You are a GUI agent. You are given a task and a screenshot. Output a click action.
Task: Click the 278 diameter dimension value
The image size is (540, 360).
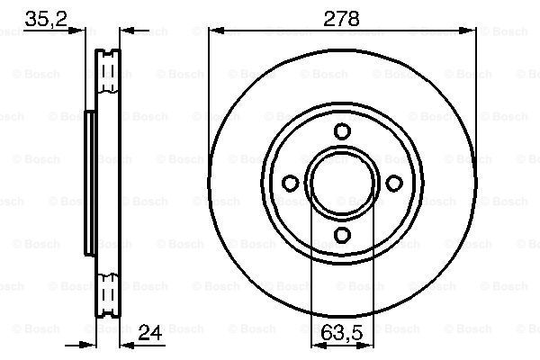coord(341,19)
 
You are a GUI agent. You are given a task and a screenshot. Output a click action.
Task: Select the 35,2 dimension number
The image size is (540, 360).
coord(46,19)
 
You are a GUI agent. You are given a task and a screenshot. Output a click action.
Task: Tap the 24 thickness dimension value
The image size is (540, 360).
coord(150,333)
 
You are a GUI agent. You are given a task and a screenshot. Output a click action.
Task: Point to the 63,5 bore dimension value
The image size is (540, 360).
coord(342,333)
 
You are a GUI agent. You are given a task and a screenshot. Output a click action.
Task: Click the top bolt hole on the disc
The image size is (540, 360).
coord(343,131)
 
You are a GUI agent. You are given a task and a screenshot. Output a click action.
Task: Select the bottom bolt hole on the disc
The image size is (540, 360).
coord(343,235)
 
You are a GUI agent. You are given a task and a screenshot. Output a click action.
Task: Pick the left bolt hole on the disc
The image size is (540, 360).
coord(291,183)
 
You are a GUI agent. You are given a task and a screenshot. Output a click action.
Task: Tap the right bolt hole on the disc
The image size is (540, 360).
coord(394,183)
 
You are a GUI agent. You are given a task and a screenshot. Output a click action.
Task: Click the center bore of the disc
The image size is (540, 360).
coord(342,183)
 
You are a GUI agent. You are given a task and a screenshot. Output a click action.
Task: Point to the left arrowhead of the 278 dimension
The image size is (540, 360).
coord(216,31)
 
